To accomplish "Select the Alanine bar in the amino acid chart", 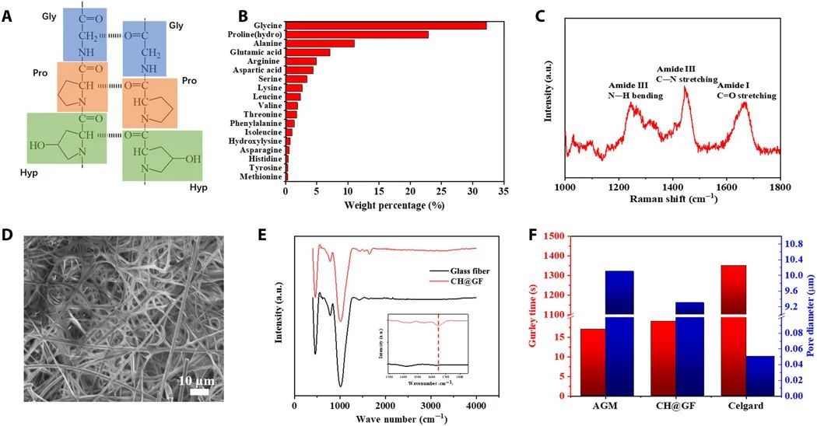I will click(320, 44).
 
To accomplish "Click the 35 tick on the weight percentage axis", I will click(504, 190).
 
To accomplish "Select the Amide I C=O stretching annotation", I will click(745, 90).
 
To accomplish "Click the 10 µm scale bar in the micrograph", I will click(199, 391).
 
